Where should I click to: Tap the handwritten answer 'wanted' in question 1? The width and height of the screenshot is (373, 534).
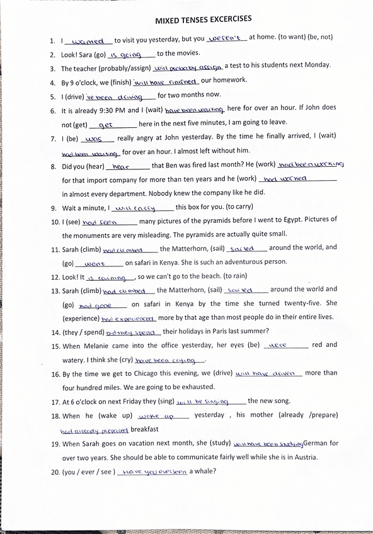tap(89, 41)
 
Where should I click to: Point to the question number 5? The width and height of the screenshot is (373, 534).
tap(52, 96)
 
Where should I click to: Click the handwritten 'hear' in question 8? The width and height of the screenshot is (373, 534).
tap(120, 167)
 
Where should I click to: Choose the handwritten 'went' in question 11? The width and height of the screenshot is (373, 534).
tap(94, 264)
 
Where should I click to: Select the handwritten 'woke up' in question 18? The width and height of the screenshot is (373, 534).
tap(155, 416)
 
